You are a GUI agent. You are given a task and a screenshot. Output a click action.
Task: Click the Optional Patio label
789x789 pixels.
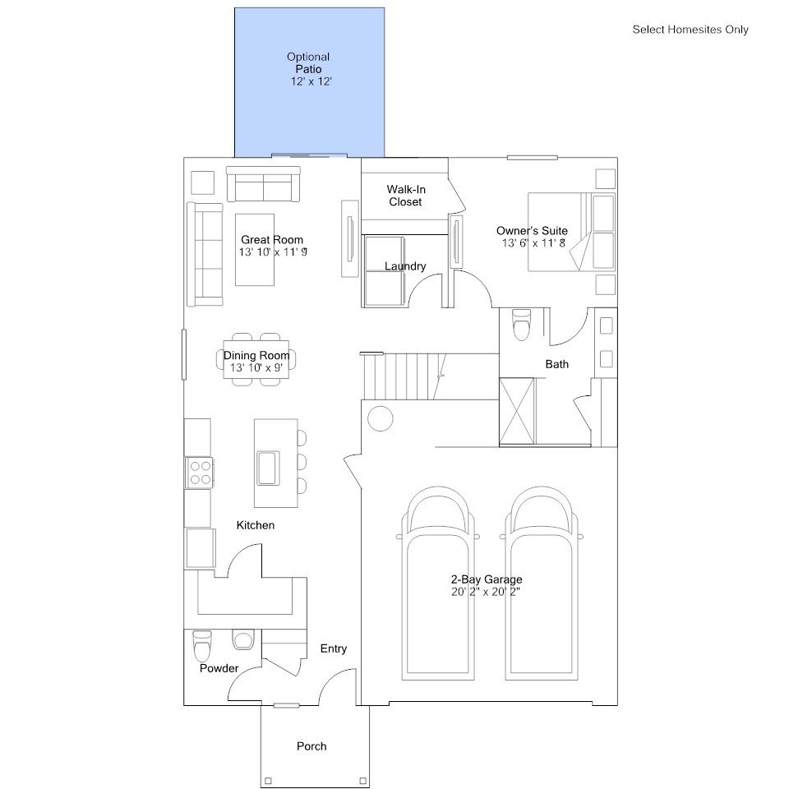pos(308,63)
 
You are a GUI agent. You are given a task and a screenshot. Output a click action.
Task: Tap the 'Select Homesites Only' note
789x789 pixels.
pos(690,30)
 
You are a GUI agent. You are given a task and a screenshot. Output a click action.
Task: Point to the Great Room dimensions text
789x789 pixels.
pos(273,252)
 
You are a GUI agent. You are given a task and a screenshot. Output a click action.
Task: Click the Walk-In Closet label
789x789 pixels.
pos(405,196)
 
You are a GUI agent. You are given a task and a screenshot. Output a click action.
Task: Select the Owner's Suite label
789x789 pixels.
pos(532,231)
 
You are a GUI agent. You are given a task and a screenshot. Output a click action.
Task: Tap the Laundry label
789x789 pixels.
pos(405,266)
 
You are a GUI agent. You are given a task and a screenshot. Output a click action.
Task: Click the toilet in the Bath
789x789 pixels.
pos(521,325)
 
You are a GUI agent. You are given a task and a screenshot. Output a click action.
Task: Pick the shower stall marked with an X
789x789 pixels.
pos(517,412)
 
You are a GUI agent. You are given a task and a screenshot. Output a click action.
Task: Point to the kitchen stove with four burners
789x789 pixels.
pos(200,473)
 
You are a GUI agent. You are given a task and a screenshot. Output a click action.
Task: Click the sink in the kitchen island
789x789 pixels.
pos(268,468)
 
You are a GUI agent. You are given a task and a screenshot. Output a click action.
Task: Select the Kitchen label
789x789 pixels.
pos(256,525)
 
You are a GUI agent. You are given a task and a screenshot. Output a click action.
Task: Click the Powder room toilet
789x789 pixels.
pos(202,646)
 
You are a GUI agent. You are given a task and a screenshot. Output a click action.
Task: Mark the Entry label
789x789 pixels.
pos(334,648)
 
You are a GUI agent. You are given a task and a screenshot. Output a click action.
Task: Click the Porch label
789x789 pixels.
pos(311,746)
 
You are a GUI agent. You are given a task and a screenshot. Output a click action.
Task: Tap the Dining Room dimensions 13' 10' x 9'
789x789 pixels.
pos(256,368)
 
